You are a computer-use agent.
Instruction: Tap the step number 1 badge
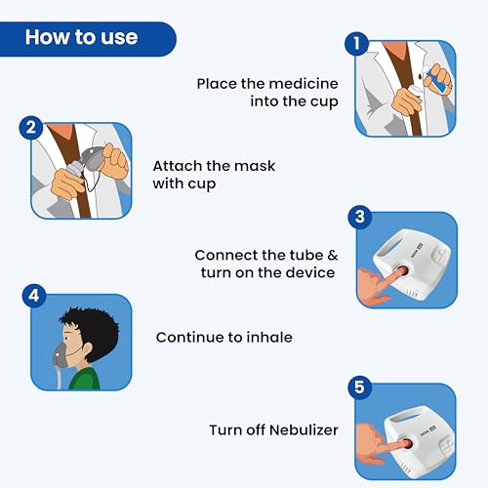[357, 43]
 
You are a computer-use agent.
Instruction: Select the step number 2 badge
[31, 127]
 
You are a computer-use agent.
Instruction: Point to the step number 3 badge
[360, 217]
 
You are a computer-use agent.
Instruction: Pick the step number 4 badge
[34, 296]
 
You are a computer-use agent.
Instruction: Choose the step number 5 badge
[359, 387]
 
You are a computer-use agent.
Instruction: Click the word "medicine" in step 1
[304, 84]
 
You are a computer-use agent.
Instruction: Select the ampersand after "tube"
[333, 255]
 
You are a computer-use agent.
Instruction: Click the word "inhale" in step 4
[269, 337]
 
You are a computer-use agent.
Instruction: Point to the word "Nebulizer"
[304, 430]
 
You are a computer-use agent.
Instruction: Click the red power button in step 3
[403, 271]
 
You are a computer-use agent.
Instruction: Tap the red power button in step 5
[407, 444]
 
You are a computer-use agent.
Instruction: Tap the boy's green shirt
[85, 379]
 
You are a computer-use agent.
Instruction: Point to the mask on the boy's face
[61, 356]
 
